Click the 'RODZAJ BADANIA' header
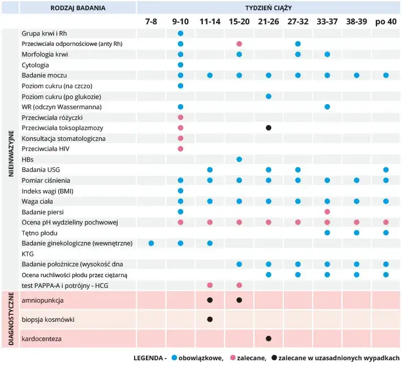point(77,7)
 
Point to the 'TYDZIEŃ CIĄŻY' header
point(269,7)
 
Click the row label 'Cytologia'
point(35,65)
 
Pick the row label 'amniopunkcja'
point(43,300)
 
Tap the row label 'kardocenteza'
point(41,339)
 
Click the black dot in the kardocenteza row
point(269,339)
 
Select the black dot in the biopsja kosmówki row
point(210,320)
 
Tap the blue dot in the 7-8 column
point(151,243)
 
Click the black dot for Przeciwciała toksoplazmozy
point(269,128)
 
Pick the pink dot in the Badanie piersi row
point(327,212)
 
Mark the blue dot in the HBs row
point(239,159)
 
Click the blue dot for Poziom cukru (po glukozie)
point(269,96)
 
